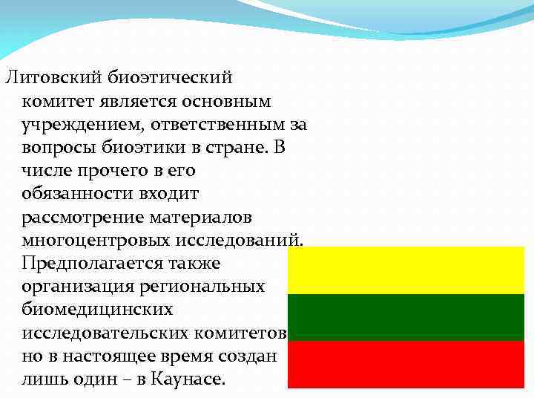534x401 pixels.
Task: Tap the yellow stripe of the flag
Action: tap(406, 270)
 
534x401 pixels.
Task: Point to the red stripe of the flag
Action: tap(406, 364)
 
